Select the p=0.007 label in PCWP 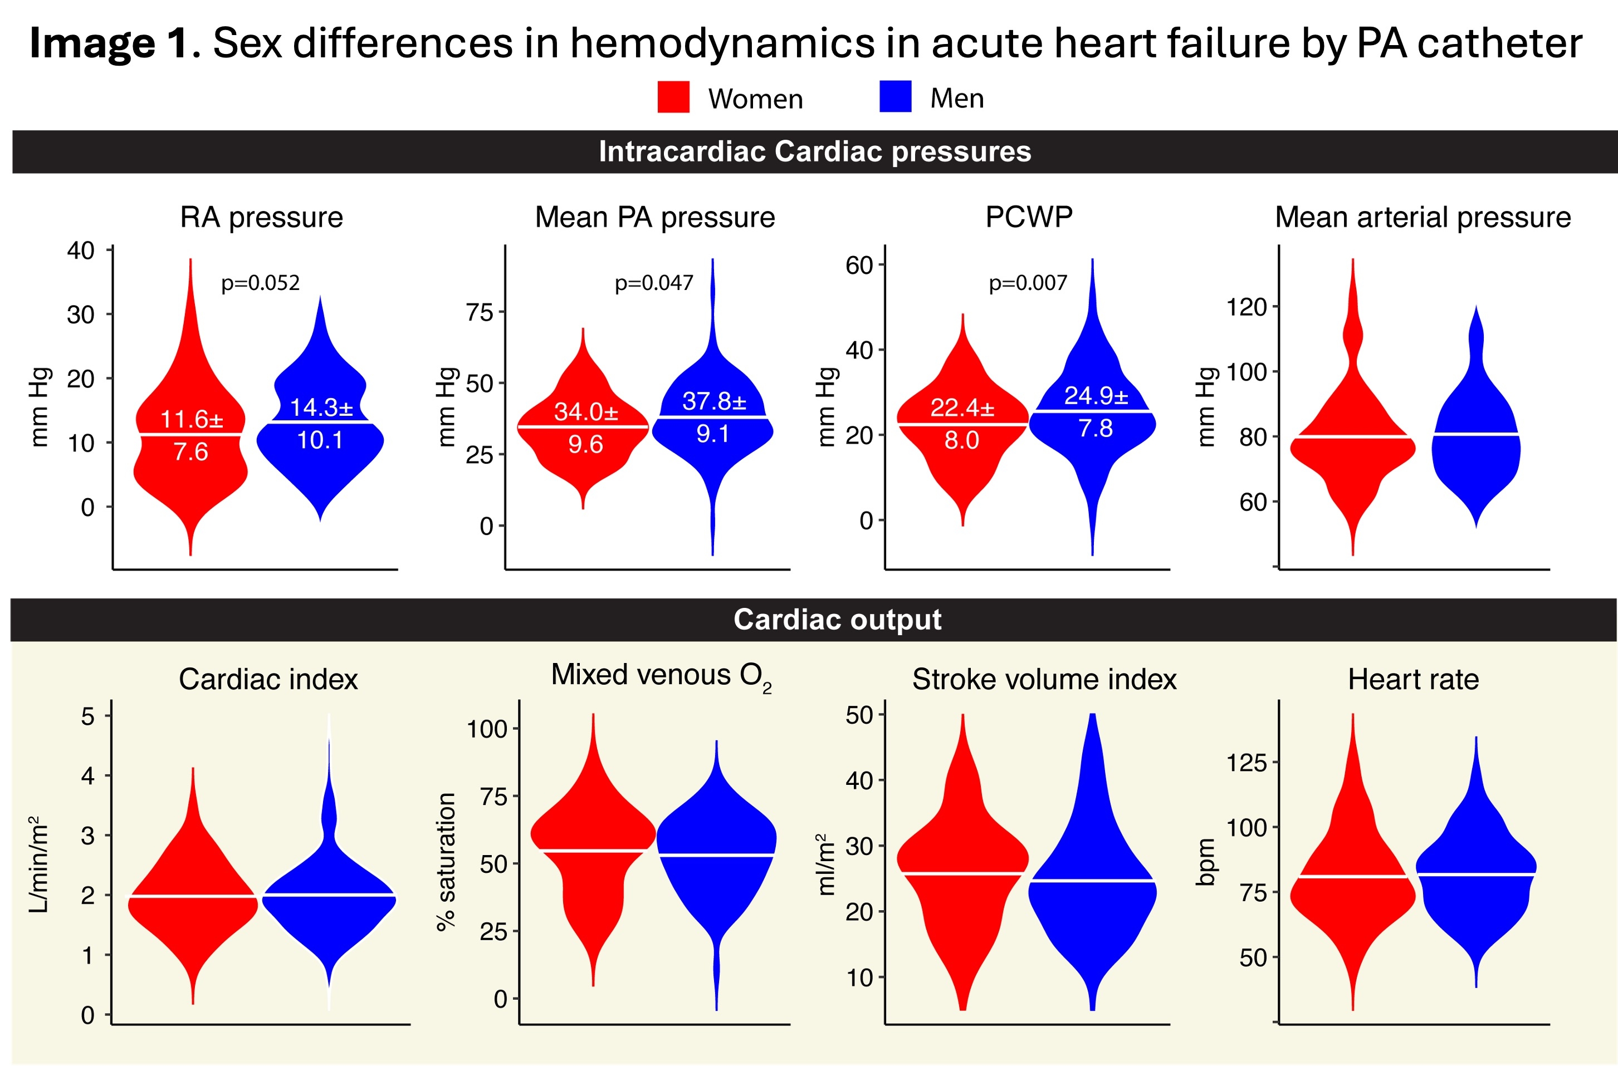[x=1028, y=283]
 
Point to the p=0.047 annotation [x=653, y=283]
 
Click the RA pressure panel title [x=261, y=218]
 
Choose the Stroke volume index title [x=1043, y=679]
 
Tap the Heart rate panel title [x=1412, y=679]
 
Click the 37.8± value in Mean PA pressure [x=713, y=401]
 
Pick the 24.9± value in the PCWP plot [x=1095, y=396]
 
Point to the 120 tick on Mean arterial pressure [x=1246, y=307]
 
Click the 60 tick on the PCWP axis [x=859, y=265]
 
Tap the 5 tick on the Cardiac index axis [x=88, y=716]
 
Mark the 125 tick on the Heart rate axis [x=1246, y=763]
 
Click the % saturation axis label [x=446, y=861]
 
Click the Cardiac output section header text [x=837, y=620]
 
